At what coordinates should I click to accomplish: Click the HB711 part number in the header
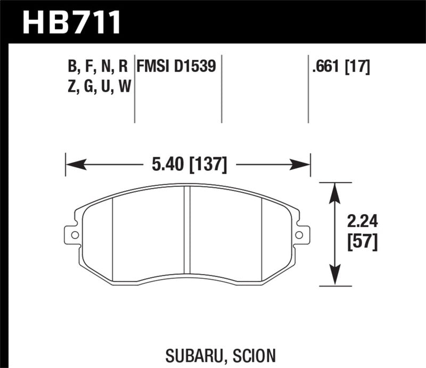click(x=71, y=22)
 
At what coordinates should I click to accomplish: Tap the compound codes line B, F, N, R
click(x=97, y=67)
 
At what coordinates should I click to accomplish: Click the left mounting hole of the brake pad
click(x=75, y=234)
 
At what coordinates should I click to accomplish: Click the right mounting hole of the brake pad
click(x=299, y=234)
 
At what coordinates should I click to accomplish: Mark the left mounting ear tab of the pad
click(x=71, y=234)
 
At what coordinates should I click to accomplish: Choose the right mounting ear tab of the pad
click(x=302, y=234)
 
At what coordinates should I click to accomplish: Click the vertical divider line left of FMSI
click(x=134, y=88)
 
